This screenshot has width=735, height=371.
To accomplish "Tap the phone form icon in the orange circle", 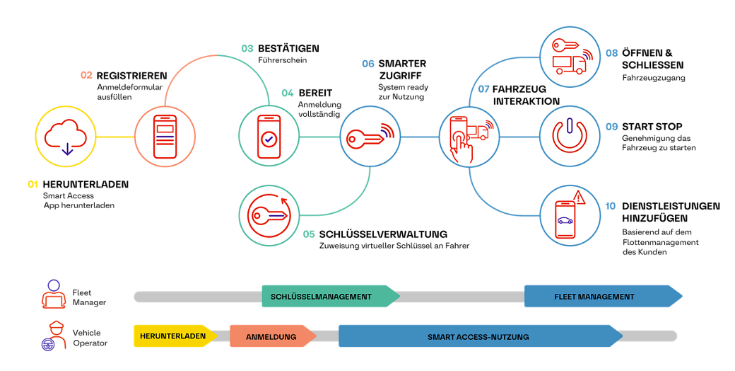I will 164,136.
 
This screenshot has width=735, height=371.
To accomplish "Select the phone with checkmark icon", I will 268,136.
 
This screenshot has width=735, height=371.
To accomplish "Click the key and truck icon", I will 570,56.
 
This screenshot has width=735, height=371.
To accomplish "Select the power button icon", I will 570,135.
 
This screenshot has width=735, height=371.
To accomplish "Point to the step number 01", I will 33,184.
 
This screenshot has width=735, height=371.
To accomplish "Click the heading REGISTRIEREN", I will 131,75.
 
